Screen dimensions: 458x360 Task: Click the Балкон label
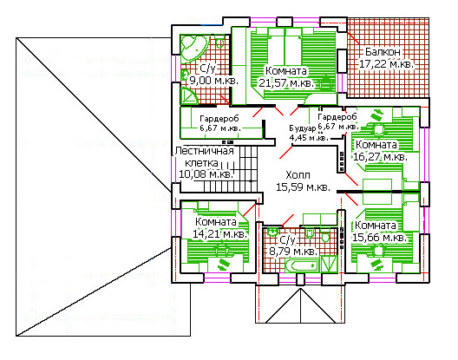383,52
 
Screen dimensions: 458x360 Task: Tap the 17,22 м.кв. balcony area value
386,64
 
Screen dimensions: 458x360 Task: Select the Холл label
298,175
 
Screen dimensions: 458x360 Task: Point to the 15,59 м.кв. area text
304,187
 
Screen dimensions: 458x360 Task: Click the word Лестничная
205,151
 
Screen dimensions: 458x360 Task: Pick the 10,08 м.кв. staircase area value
206,174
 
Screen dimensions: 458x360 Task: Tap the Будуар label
303,128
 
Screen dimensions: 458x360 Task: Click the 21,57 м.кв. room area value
286,83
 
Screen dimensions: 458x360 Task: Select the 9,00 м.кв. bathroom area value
214,80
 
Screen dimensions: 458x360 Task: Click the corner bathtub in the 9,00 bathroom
192,48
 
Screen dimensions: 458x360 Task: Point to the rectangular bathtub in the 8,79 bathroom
302,265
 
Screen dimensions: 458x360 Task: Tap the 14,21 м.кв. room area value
220,234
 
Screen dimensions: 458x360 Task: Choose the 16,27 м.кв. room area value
380,157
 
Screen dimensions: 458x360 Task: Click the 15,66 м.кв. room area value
379,238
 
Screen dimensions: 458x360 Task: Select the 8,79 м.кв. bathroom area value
293,252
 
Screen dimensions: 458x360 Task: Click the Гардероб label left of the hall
219,119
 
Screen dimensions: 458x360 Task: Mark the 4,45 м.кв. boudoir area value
309,137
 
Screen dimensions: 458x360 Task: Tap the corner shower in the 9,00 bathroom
189,96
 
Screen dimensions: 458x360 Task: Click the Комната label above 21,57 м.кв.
286,71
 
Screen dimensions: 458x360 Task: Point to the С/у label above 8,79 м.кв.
288,240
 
